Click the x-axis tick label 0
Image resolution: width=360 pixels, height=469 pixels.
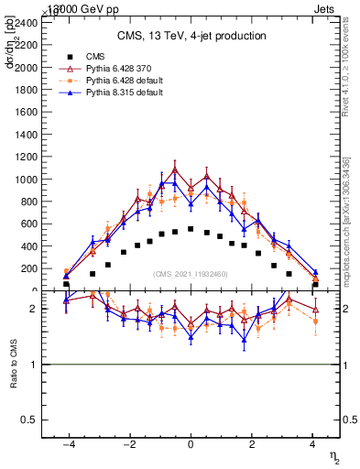(191, 445)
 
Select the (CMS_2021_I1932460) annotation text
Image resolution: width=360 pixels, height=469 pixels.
(191, 274)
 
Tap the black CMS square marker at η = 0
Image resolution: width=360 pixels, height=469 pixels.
(191, 229)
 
